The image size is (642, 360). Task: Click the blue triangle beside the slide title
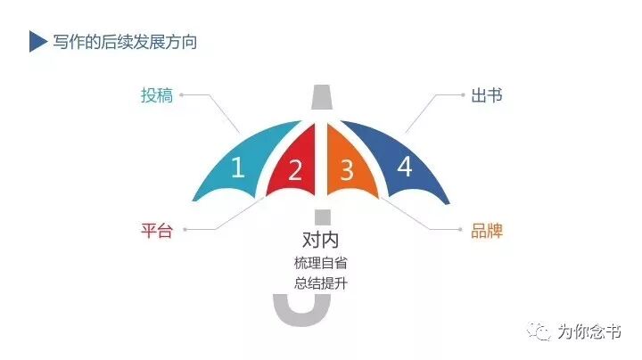pyautogui.click(x=37, y=42)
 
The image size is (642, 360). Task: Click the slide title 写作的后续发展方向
pyautogui.click(x=124, y=42)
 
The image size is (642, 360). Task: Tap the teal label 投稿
pyautogui.click(x=156, y=95)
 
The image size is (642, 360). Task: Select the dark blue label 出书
pyautogui.click(x=486, y=95)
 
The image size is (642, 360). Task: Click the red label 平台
pyautogui.click(x=156, y=231)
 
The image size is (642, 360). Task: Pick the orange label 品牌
pyautogui.click(x=487, y=231)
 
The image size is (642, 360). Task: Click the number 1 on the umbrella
pyautogui.click(x=237, y=168)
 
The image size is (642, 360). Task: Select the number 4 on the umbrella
pyautogui.click(x=404, y=167)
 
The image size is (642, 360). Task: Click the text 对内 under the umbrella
pyautogui.click(x=321, y=240)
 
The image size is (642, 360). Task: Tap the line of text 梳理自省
pyautogui.click(x=321, y=263)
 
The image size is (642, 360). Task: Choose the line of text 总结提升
pyautogui.click(x=321, y=284)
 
